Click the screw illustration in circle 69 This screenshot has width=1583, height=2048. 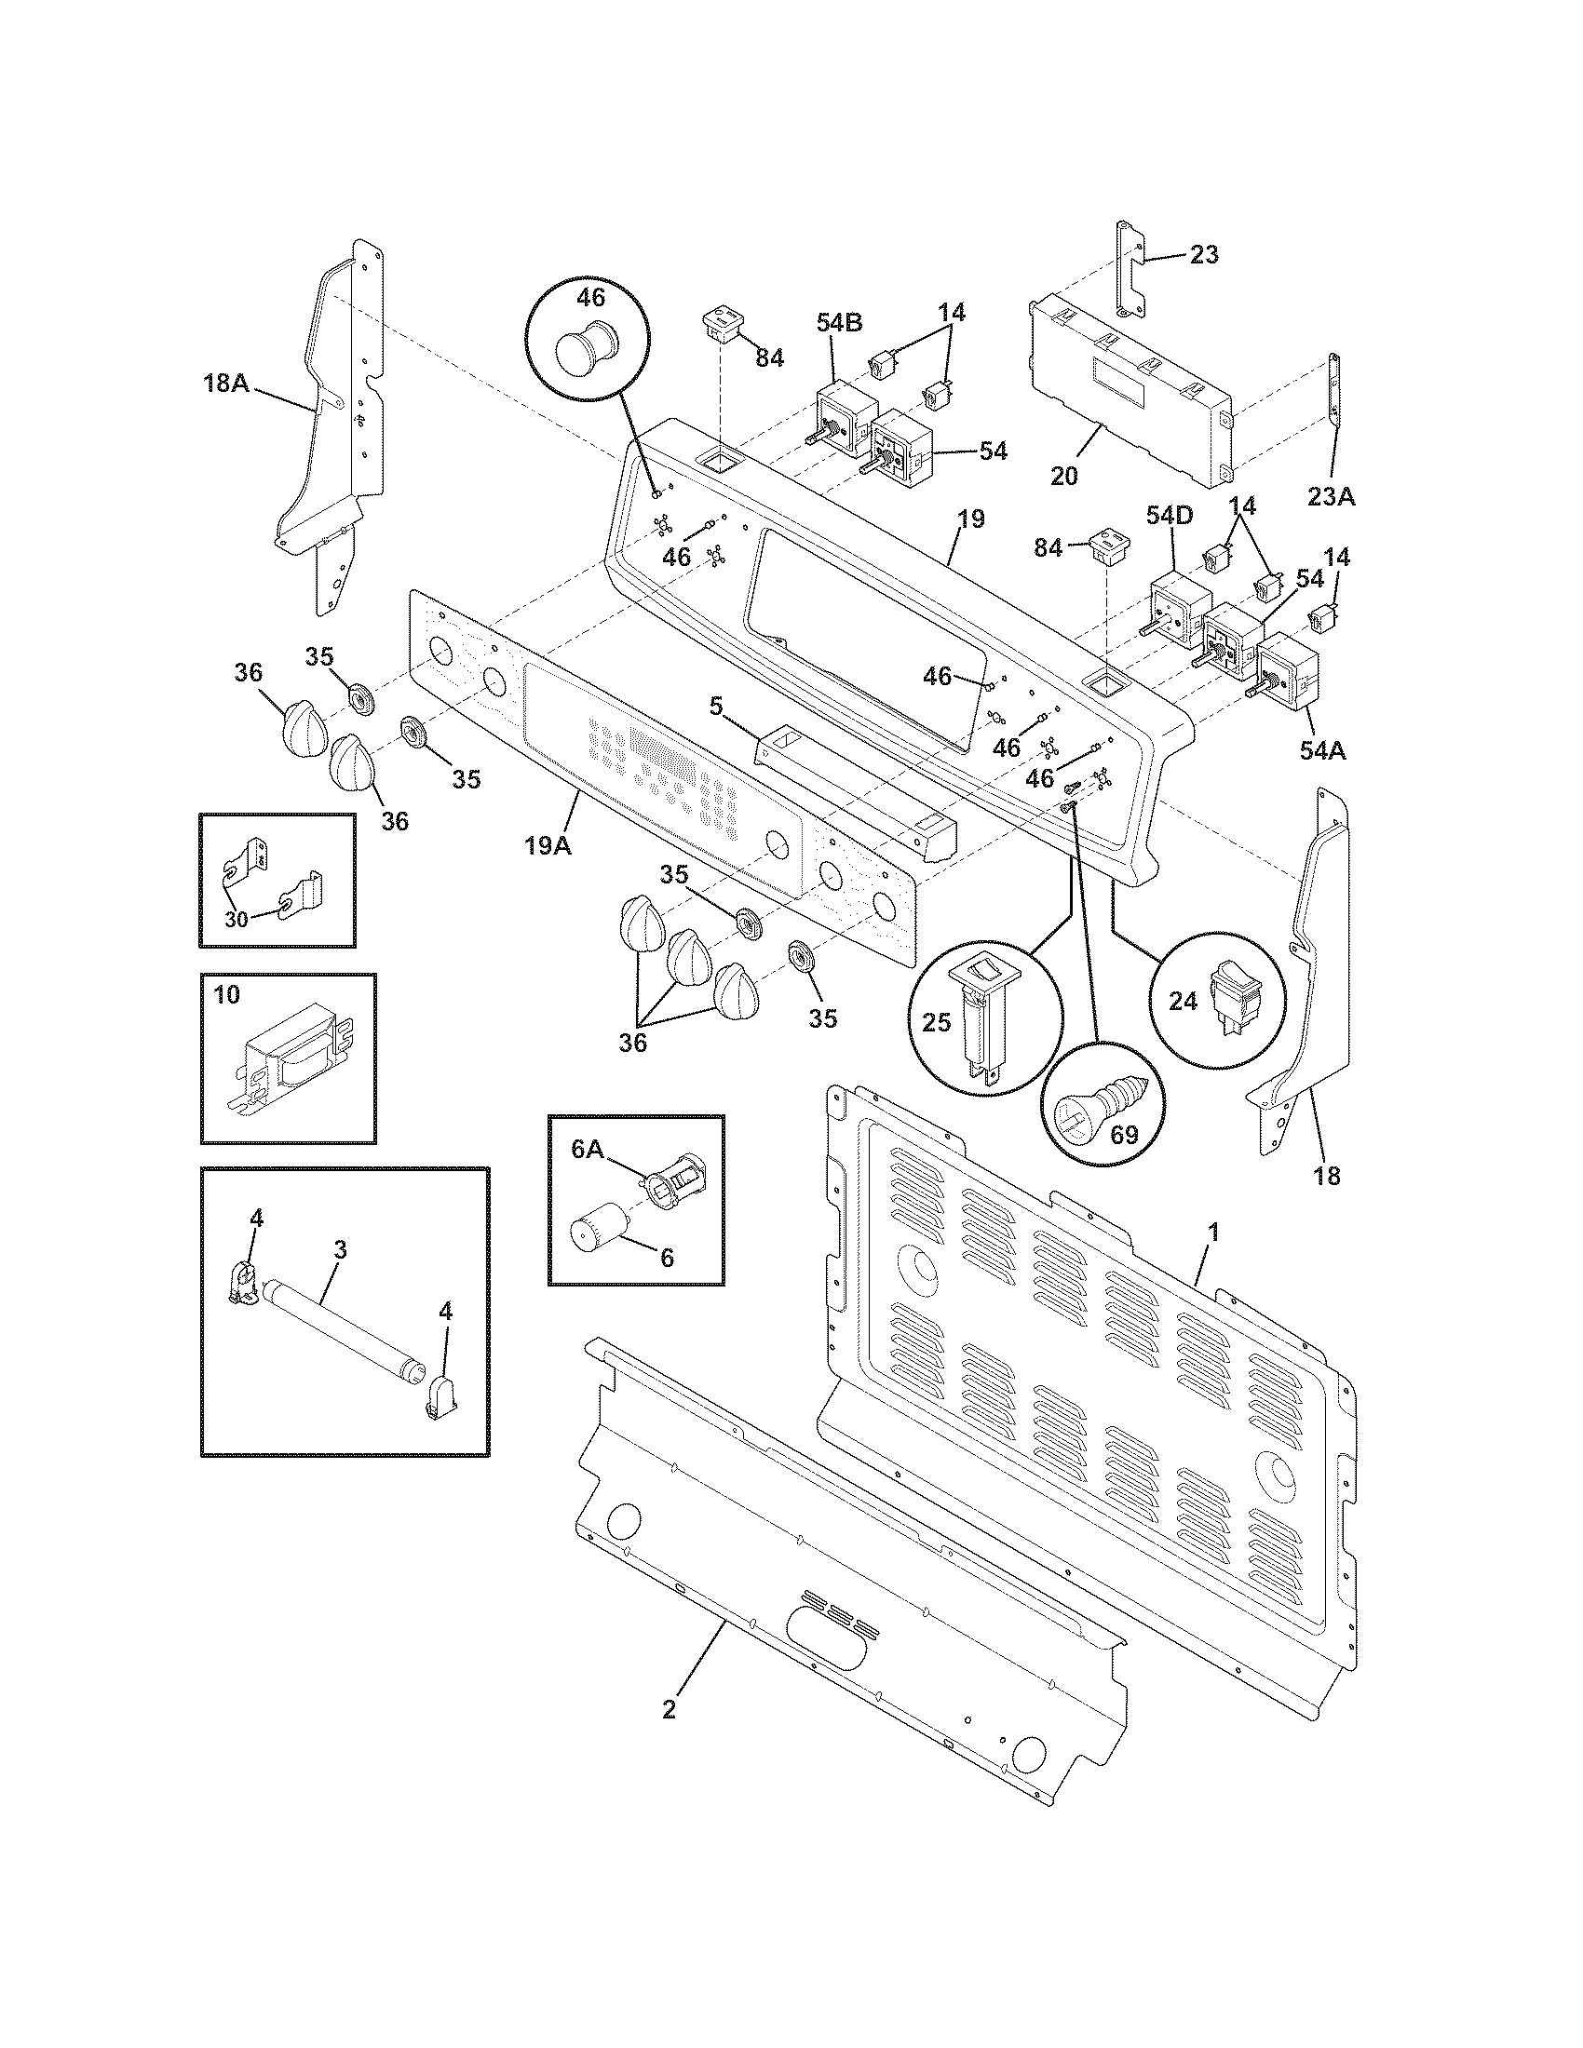coord(1097,1105)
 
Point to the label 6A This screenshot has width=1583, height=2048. coord(588,1150)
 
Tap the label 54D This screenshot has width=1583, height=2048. coord(1170,516)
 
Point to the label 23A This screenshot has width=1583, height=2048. coord(1331,498)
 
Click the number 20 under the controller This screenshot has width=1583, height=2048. coord(1063,476)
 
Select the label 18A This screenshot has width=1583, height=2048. coord(225,384)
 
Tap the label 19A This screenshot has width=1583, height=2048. coord(548,845)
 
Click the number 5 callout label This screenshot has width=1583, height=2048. coord(716,707)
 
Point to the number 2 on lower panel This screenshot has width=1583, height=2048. coord(668,1708)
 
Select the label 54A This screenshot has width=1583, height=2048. coord(1322,750)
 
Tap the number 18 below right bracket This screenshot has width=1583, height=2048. coord(1327,1175)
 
